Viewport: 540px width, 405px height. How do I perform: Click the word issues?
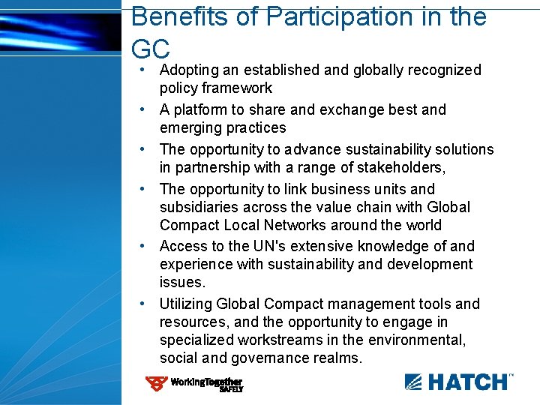tap(182, 282)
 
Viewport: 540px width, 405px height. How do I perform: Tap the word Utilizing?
tap(186, 304)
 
